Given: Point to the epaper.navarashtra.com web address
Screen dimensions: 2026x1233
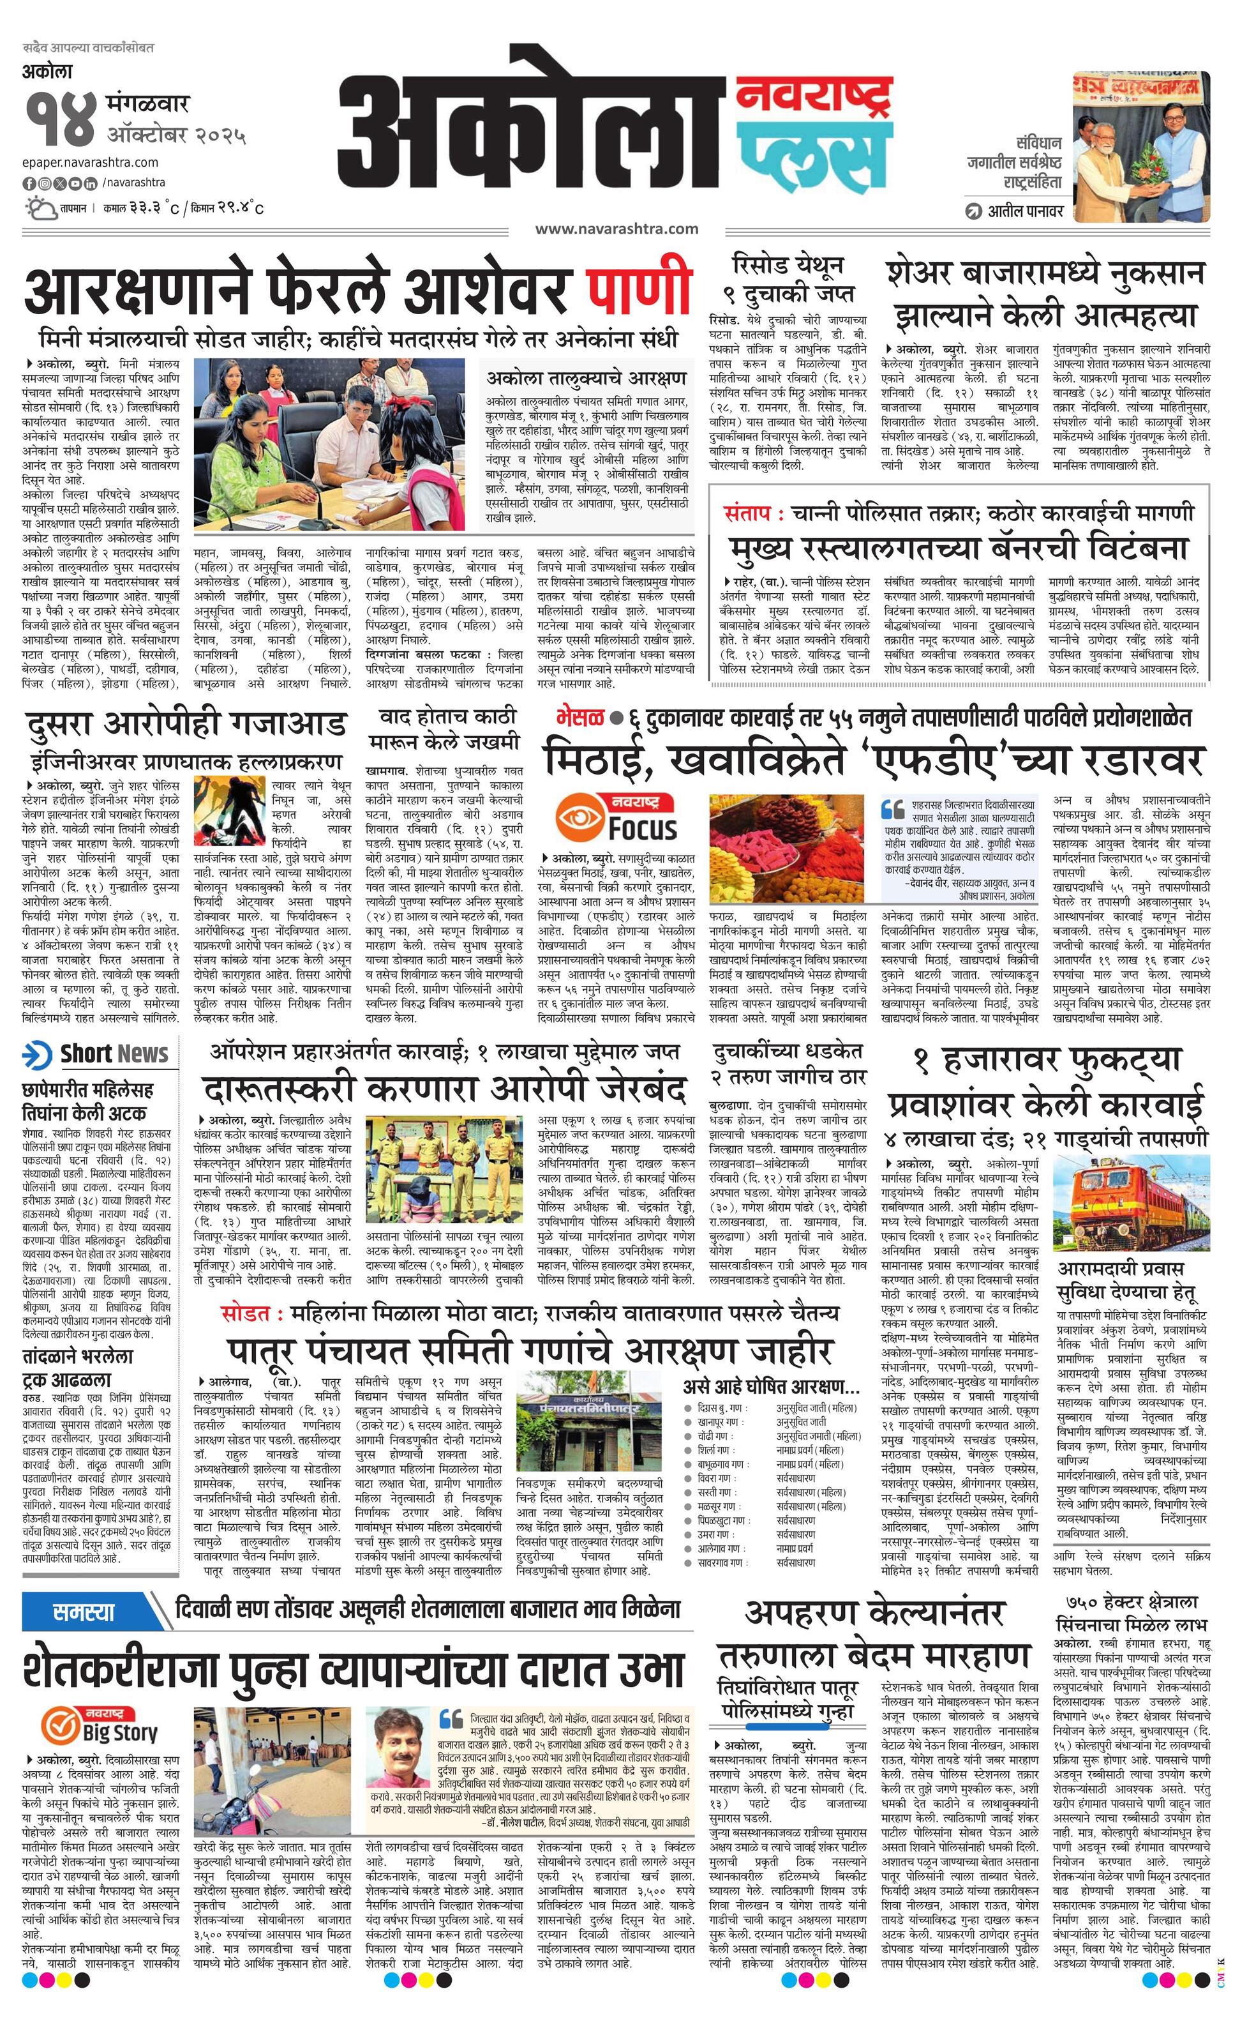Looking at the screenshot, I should (91, 162).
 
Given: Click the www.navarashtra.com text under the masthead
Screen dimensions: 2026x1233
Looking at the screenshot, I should (616, 229).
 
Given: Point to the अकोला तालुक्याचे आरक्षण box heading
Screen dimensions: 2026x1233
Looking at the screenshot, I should (586, 378).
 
